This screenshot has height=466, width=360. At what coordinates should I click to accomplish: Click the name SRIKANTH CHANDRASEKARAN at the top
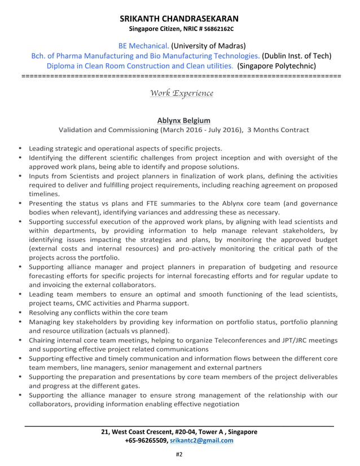pos(179,18)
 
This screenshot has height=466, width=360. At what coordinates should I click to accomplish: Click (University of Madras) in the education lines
pos(208,46)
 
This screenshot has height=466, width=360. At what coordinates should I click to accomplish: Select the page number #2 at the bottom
pos(180,454)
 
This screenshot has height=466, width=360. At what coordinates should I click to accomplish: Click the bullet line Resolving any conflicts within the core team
pos(98,312)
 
